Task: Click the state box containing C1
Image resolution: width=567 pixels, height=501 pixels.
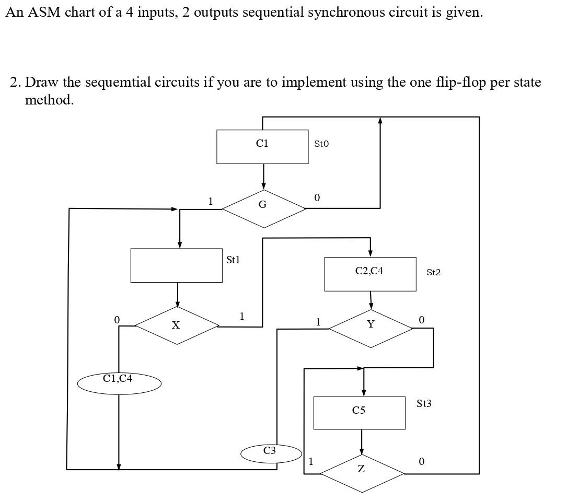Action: tap(262, 147)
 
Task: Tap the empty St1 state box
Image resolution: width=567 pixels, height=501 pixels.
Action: tap(176, 265)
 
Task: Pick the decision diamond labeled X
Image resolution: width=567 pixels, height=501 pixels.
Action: tap(177, 325)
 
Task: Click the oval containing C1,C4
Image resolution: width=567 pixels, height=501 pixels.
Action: tap(119, 383)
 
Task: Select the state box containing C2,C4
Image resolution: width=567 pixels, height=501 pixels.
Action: tap(370, 274)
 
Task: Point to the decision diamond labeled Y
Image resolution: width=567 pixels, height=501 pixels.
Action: tap(371, 328)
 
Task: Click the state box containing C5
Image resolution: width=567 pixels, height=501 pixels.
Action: tap(359, 413)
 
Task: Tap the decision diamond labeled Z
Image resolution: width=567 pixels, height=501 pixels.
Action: tap(362, 472)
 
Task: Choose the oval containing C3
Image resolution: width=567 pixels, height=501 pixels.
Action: tap(271, 452)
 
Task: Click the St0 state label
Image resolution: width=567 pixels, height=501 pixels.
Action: tap(321, 144)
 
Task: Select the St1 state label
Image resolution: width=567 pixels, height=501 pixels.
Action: tap(233, 260)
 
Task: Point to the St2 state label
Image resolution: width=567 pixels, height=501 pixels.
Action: tap(433, 272)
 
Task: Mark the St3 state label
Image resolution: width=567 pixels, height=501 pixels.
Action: tap(424, 403)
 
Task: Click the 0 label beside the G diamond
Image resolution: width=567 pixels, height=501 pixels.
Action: tap(317, 197)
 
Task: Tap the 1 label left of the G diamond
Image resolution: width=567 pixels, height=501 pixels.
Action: tap(210, 201)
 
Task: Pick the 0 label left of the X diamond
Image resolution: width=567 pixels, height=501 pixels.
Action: tap(117, 319)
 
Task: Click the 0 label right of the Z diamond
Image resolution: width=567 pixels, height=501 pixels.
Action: tap(421, 461)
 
